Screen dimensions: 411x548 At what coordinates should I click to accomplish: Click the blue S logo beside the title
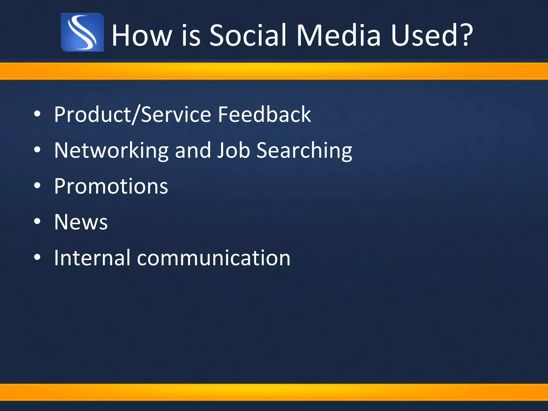pos(82,32)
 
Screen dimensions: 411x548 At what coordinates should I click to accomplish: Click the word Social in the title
pos(249,35)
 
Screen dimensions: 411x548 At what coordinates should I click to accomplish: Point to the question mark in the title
pos(465,35)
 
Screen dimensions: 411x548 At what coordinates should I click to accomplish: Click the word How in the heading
pos(141,35)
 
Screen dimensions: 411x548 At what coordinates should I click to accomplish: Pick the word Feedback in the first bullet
pos(264,114)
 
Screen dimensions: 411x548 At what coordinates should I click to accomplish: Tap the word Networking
pos(111,150)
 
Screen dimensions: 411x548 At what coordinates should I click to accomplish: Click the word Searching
pos(304,150)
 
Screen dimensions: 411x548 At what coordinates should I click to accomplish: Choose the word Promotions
pos(111,186)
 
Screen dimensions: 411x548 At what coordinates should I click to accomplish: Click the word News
pos(81,222)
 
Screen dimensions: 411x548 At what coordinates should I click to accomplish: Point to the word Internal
pos(92,258)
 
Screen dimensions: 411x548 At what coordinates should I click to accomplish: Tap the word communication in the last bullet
pos(214,258)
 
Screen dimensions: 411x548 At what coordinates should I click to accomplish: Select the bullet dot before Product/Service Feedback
pos(37,114)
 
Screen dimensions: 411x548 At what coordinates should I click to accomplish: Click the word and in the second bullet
pos(193,150)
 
